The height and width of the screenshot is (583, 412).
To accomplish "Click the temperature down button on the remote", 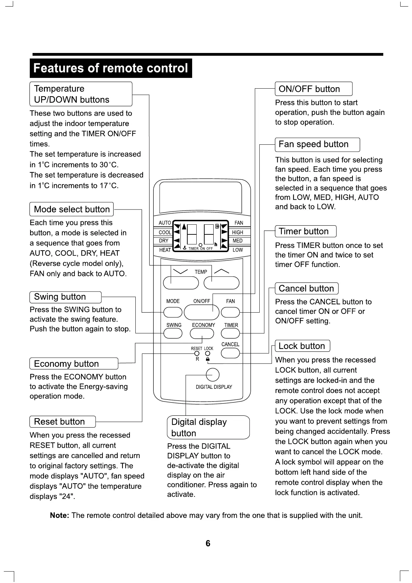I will [x=181, y=283].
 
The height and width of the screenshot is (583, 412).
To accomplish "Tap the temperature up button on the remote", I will [x=222, y=283].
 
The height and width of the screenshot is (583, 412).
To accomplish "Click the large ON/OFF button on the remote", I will [x=201, y=313].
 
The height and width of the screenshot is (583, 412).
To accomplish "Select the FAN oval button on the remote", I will [x=230, y=312].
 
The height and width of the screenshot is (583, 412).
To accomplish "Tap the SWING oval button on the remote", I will [x=173, y=333].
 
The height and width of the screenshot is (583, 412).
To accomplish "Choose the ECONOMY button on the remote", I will [x=202, y=333].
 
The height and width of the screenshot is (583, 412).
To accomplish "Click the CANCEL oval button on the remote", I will [x=230, y=353].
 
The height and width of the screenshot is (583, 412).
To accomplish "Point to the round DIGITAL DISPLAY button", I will [x=213, y=375].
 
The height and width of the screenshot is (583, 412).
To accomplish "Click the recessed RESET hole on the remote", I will [x=197, y=353].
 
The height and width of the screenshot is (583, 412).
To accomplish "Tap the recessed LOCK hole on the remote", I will [x=208, y=353].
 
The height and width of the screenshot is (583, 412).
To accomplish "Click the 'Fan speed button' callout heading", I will [x=313, y=144].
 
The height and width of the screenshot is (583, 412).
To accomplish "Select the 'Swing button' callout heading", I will [x=60, y=297].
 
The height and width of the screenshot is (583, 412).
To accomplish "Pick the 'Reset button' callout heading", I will [x=60, y=422].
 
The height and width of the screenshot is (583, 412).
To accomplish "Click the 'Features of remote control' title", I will [x=111, y=68].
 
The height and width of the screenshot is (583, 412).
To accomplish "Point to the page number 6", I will [x=208, y=544].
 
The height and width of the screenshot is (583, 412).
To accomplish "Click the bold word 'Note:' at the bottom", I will [x=60, y=515].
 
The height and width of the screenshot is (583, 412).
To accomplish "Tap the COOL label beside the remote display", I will [x=165, y=232].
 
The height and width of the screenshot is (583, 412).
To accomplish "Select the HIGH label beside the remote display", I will [x=238, y=232].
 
